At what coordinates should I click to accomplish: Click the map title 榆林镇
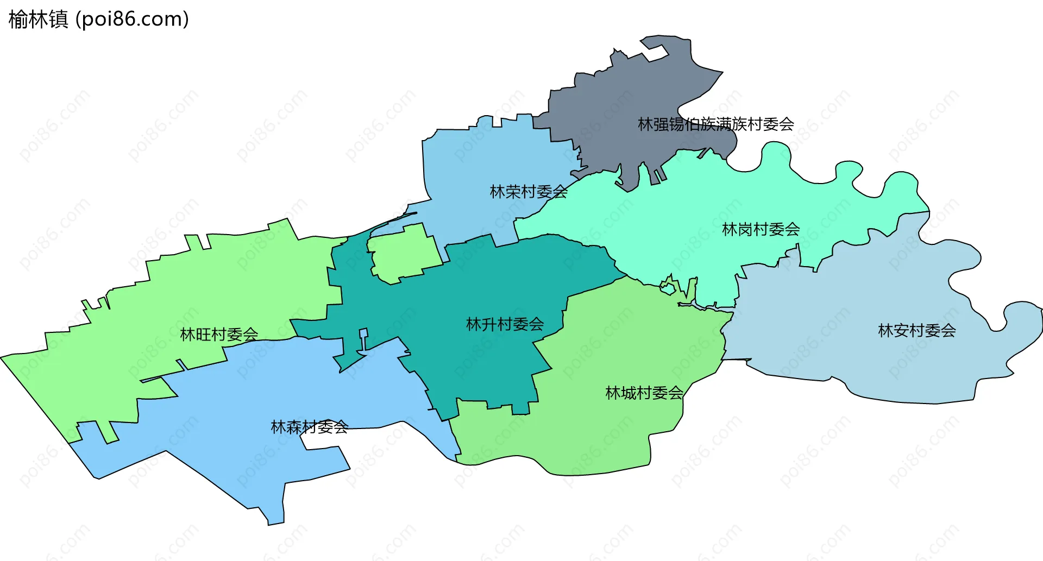click(x=38, y=20)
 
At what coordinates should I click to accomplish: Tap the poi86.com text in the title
click(x=132, y=20)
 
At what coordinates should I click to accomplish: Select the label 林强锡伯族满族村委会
click(x=715, y=124)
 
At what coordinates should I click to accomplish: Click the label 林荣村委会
click(x=529, y=192)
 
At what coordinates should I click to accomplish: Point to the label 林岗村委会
click(x=761, y=229)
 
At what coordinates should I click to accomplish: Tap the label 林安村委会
click(x=916, y=330)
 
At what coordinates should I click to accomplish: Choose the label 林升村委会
click(x=505, y=324)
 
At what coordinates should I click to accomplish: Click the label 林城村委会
click(x=644, y=393)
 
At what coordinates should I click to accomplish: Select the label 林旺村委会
click(x=219, y=334)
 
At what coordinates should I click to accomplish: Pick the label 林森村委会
click(x=309, y=427)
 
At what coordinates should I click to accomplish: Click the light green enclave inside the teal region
click(x=405, y=253)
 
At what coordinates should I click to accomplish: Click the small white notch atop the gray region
click(x=655, y=53)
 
